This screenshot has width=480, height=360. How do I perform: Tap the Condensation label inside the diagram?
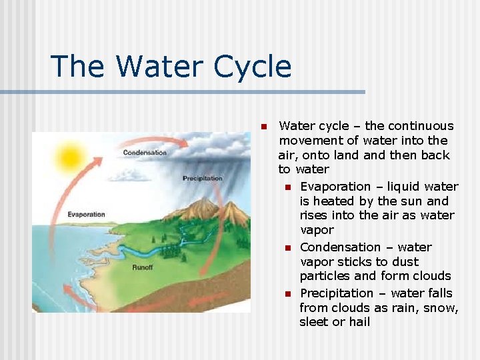tap(145, 153)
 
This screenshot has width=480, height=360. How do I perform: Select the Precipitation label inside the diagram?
tap(203, 178)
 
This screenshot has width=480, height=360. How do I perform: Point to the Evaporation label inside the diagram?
tap(87, 215)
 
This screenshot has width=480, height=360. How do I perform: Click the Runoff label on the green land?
tap(143, 267)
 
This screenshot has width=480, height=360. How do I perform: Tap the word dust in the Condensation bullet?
tap(405, 262)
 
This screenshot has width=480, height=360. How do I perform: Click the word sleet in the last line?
tap(315, 322)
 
